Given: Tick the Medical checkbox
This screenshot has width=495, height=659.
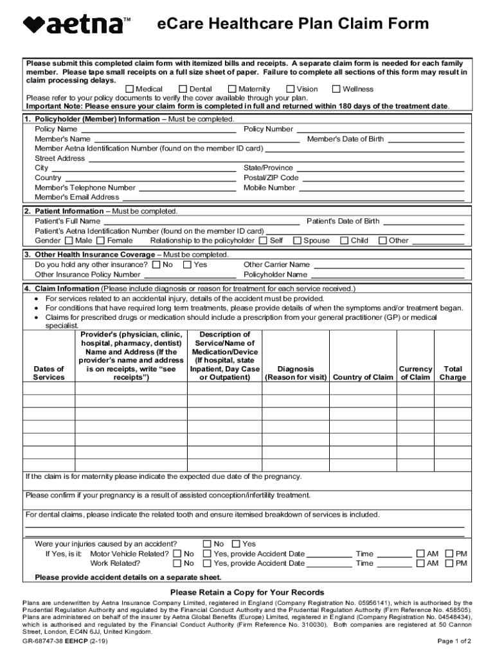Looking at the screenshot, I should click(130, 89).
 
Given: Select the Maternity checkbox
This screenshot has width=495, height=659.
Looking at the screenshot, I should click(233, 89).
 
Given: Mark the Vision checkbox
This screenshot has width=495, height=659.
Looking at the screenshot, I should click(291, 89).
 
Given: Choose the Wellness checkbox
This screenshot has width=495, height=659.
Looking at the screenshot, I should click(336, 89).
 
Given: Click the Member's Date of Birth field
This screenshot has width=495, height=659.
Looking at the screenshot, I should click(426, 140).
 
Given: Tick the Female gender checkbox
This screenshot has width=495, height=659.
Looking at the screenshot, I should click(101, 241).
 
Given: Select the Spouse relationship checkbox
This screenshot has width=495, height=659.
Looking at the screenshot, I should click(297, 241).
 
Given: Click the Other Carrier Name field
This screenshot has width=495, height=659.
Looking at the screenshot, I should click(388, 265).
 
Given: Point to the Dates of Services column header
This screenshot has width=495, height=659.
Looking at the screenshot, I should click(49, 373).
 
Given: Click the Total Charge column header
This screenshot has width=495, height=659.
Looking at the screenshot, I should click(453, 373).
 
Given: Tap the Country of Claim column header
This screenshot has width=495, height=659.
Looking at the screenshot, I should click(363, 378).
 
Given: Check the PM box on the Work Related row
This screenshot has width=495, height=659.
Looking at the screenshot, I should click(449, 564).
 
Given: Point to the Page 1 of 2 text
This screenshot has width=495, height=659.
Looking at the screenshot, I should click(455, 642).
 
